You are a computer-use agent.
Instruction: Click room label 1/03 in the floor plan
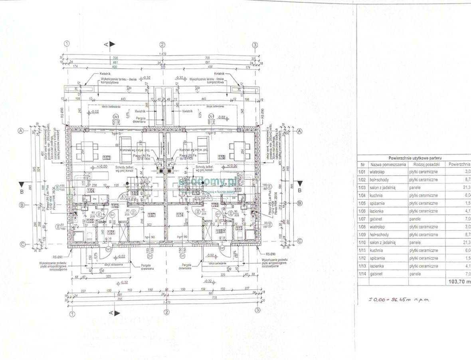point(106,158)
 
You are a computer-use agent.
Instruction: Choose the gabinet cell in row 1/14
point(377,274)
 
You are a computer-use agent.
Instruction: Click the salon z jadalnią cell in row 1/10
point(382,243)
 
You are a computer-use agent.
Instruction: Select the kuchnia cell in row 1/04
point(377,195)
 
